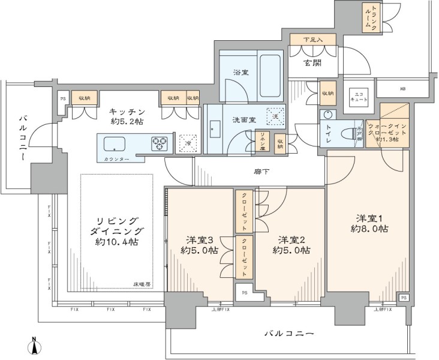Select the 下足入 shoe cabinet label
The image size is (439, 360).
[312, 40]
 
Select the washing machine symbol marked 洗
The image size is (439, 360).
[275, 117]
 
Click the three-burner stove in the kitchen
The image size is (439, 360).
[160, 143]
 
